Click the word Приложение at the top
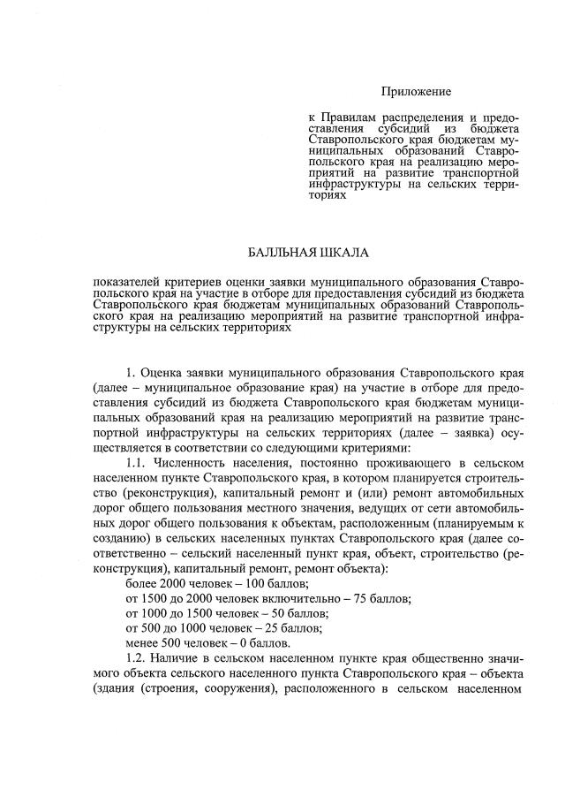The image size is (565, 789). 416,92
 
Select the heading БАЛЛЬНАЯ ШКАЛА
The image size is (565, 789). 308,254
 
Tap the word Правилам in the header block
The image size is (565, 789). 353,117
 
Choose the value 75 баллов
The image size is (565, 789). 380,598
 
